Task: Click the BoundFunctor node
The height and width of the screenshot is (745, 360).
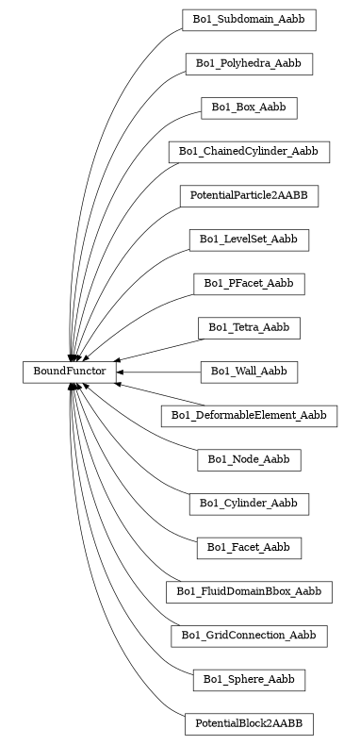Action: click(x=70, y=372)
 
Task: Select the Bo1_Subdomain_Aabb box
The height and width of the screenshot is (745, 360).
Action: click(x=249, y=20)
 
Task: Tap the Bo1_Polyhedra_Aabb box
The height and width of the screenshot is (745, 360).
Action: click(x=249, y=64)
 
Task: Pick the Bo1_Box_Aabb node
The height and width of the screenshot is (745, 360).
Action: click(x=249, y=108)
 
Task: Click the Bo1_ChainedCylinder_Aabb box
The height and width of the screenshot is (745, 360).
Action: click(x=249, y=152)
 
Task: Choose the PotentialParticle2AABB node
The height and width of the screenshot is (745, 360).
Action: click(x=249, y=196)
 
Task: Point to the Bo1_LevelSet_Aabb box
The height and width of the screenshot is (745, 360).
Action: click(x=249, y=240)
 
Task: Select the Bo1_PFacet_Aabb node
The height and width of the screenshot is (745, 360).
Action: click(x=249, y=284)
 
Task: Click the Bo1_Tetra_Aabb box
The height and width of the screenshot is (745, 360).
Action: click(x=249, y=328)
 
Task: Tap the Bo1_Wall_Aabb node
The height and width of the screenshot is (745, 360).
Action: click(x=249, y=372)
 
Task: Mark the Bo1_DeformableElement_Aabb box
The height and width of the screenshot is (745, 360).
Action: click(x=249, y=416)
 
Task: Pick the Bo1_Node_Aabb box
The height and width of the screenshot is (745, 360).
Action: click(x=249, y=460)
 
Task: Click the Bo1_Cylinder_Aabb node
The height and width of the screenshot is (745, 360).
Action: click(x=249, y=505)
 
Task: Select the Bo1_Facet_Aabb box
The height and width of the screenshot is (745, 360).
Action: click(x=249, y=548)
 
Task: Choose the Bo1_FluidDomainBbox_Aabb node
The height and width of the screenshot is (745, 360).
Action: click(x=249, y=592)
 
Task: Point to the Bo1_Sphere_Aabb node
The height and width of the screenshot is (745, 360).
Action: click(x=249, y=680)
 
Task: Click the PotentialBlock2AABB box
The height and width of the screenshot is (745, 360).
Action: click(x=249, y=724)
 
